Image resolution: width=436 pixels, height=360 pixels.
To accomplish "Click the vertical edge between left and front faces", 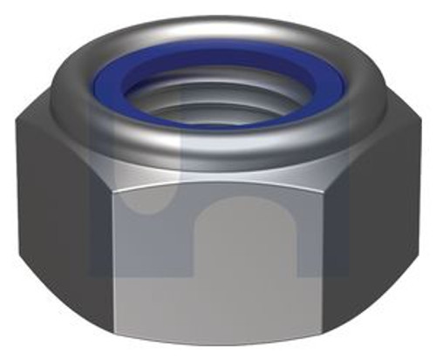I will [x=112, y=262].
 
